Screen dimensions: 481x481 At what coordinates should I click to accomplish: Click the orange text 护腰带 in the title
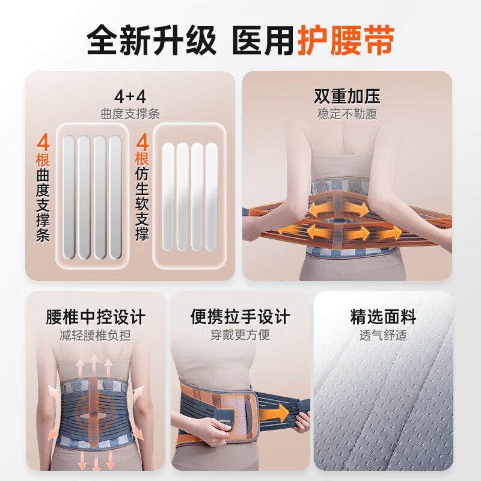click(x=346, y=40)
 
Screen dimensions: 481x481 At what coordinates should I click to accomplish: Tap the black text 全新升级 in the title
click(x=152, y=40)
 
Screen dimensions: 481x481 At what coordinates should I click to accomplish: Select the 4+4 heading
click(x=130, y=97)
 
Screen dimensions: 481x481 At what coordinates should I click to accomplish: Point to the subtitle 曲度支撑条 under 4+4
click(x=130, y=114)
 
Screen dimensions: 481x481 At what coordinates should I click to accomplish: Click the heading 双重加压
click(x=348, y=96)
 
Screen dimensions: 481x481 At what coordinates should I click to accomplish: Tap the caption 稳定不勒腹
click(x=348, y=114)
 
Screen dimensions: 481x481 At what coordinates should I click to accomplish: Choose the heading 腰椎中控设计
click(x=96, y=317)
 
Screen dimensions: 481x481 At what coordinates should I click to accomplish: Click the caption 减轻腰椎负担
click(x=96, y=335)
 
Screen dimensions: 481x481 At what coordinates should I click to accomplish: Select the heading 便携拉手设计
click(x=240, y=317)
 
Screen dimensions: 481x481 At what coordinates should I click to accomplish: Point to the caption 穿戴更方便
click(x=240, y=335)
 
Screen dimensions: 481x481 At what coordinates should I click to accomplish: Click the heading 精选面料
click(x=383, y=317)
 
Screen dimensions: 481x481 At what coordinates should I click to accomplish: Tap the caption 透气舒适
click(x=383, y=335)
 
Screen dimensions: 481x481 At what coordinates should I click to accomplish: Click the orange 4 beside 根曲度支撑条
click(x=43, y=142)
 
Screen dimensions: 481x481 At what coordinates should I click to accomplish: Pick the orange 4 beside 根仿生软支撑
click(x=142, y=142)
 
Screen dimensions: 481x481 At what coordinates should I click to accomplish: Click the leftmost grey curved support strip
click(x=69, y=197)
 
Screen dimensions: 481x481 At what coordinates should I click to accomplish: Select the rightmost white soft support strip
click(x=212, y=197)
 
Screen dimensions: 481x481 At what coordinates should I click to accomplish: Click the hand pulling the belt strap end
click(x=302, y=422)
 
